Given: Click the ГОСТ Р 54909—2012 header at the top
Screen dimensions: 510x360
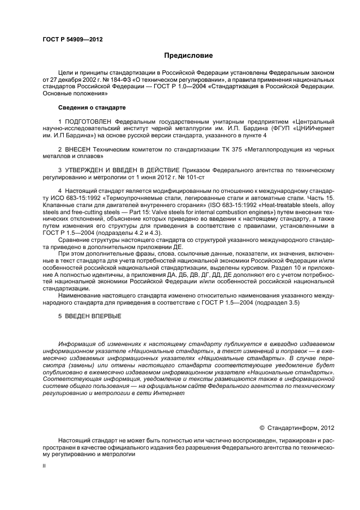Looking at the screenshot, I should point(72,39).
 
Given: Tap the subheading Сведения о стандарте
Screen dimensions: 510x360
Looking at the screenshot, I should point(84,107).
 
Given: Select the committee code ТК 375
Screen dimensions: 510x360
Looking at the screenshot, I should point(215,149).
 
